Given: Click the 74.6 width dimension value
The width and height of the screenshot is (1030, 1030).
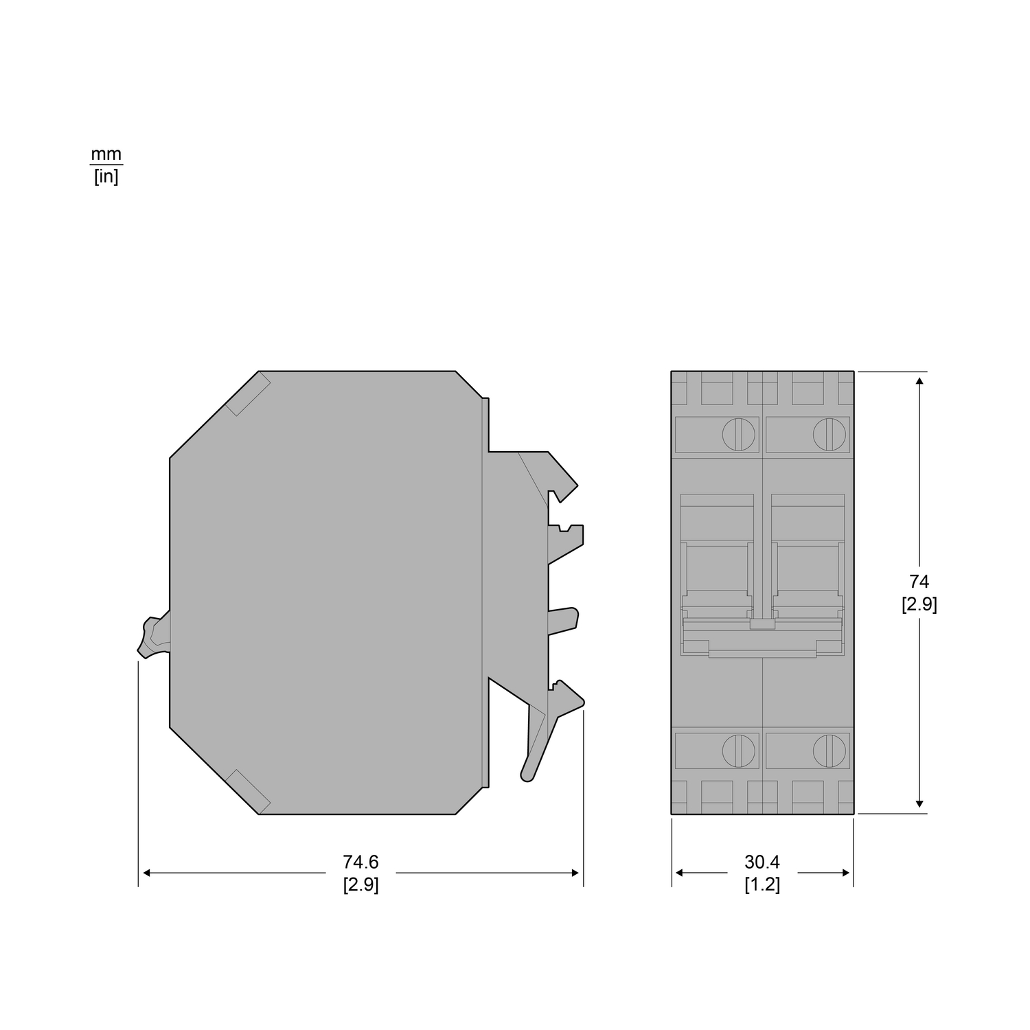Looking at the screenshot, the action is [x=360, y=862].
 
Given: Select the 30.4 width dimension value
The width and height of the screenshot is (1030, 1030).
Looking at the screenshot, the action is [x=762, y=862].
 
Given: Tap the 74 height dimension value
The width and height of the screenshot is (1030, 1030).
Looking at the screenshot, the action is [x=919, y=582].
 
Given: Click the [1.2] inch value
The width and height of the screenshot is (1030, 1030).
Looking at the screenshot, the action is [x=762, y=884].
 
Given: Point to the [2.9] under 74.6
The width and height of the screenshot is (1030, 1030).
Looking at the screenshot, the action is [x=360, y=884].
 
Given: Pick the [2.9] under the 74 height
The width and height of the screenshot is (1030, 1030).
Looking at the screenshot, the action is [x=919, y=604].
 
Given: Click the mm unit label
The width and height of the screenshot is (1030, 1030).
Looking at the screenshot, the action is [x=106, y=154].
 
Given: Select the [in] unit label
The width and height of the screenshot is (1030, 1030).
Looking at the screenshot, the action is [x=106, y=178].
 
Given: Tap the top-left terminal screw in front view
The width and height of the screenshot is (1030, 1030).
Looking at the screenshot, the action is [x=738, y=434].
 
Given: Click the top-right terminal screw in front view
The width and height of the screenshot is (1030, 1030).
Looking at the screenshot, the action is [x=829, y=434].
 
